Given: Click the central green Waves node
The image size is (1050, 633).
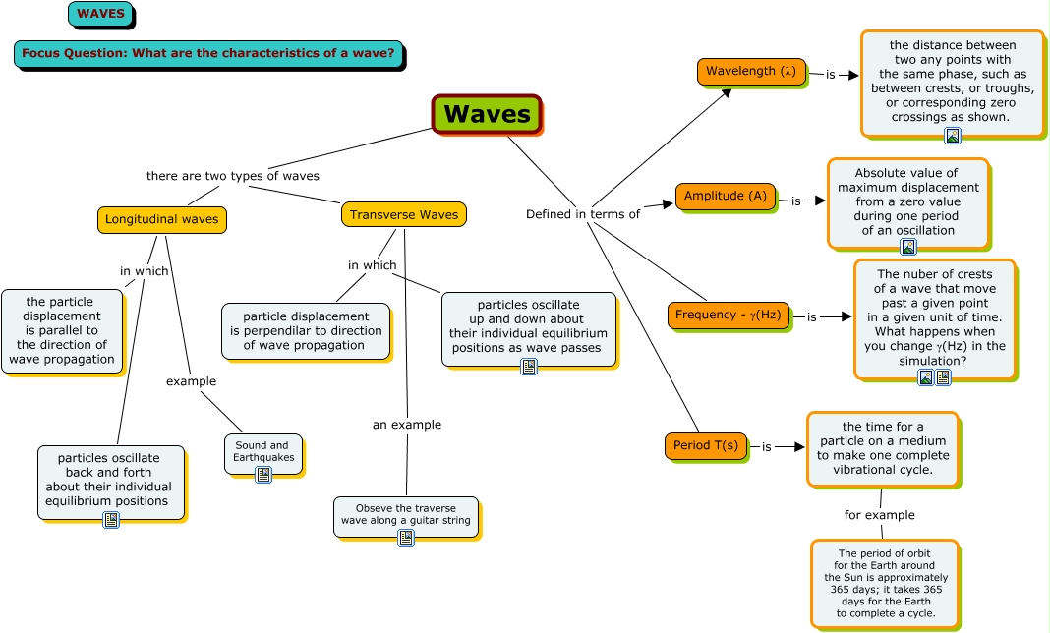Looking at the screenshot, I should (487, 114).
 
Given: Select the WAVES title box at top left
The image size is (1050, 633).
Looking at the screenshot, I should (100, 14).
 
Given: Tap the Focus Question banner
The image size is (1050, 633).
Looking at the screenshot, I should (208, 53).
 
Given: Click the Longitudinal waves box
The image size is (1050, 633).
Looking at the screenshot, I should (162, 219).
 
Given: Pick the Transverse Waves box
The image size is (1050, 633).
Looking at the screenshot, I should (404, 214).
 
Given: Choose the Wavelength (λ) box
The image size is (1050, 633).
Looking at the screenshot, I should (751, 72).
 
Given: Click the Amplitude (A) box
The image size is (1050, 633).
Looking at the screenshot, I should (725, 196).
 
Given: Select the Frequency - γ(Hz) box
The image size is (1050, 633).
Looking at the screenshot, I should (729, 316).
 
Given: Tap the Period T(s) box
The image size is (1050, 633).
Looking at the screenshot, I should (706, 445).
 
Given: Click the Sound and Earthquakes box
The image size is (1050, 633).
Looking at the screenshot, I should (262, 451).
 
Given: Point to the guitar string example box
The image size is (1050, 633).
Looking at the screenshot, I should (406, 514).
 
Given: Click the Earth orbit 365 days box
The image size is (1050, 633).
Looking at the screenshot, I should (885, 583).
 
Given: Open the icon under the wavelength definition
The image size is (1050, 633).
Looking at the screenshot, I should (952, 136).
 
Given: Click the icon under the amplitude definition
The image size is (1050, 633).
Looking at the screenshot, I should (908, 247).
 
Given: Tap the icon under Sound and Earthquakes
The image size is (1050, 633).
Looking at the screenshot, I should (262, 475).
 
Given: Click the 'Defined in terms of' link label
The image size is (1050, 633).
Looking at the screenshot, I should (583, 214).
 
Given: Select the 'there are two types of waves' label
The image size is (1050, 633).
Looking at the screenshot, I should (233, 176).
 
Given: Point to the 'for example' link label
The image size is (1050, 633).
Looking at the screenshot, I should (879, 515).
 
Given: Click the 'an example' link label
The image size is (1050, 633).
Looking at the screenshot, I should (406, 425).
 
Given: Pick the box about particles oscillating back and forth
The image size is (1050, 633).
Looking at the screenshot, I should (110, 479).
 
